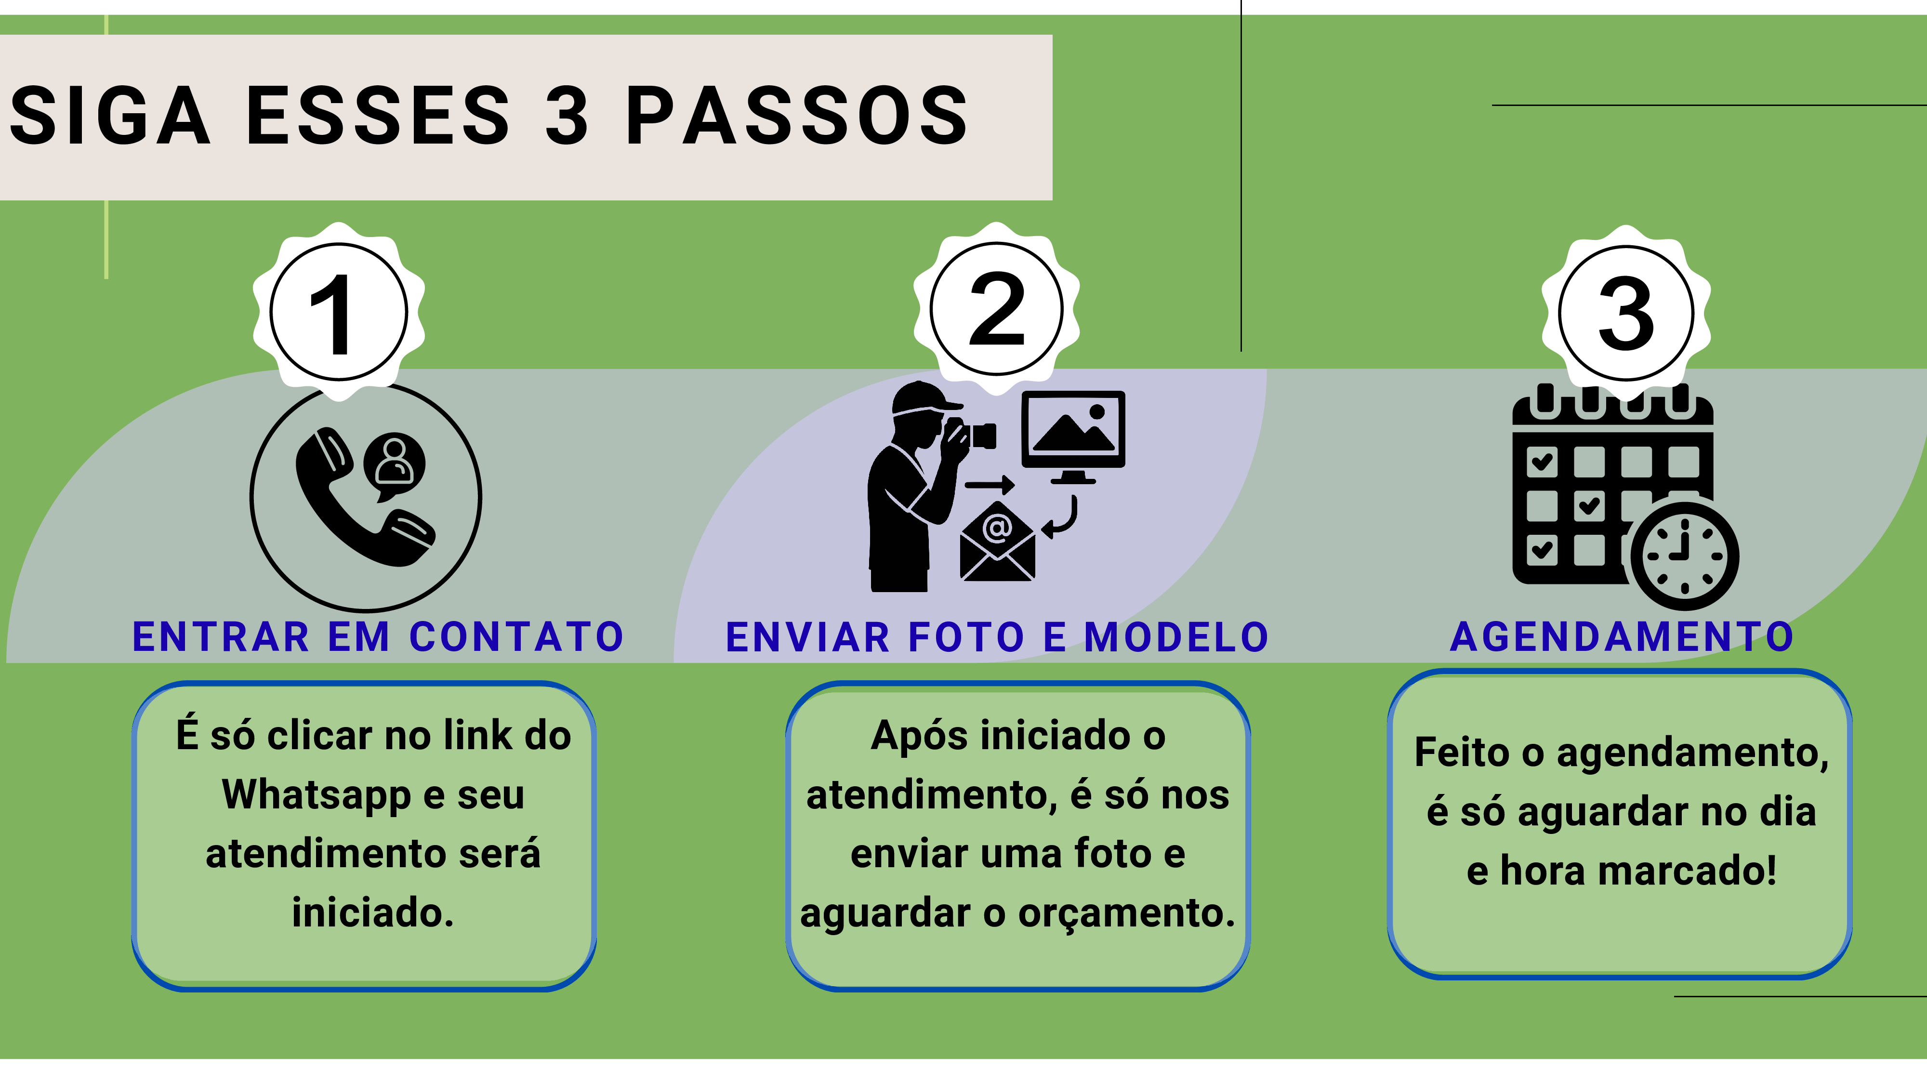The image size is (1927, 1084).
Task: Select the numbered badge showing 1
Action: (x=339, y=312)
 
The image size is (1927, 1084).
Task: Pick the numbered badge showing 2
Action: (x=996, y=309)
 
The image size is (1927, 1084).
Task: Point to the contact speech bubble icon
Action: (x=394, y=464)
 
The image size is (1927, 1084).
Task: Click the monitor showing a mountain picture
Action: (x=1073, y=434)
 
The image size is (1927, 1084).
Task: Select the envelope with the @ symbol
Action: (x=997, y=542)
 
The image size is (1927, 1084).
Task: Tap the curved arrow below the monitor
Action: (x=1061, y=518)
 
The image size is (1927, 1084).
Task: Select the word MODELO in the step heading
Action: (x=1176, y=637)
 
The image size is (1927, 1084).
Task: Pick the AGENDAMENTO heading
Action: (x=1622, y=637)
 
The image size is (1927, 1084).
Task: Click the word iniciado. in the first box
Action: (x=372, y=912)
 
